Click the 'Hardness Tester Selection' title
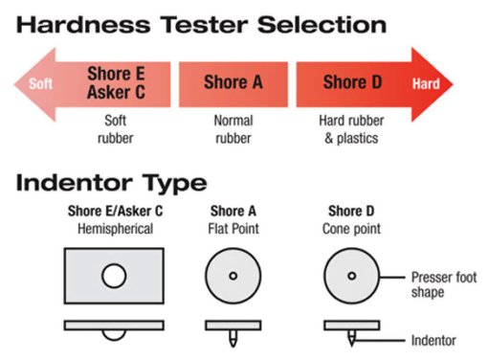tap(201, 25)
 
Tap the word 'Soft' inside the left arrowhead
tap(40, 83)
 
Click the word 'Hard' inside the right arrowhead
tap(426, 83)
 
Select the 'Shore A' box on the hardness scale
tap(233, 84)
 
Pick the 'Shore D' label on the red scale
tap(352, 82)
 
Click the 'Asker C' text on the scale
tap(116, 92)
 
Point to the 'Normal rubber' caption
tap(233, 129)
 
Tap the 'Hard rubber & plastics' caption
tap(351, 129)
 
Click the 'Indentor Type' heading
tap(112, 183)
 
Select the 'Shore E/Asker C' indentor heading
tap(115, 211)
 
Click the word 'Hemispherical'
tap(115, 229)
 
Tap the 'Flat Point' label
tap(233, 229)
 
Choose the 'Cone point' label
tap(351, 229)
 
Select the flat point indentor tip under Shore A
tap(233, 339)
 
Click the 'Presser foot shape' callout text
tap(444, 284)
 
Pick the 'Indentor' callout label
tap(433, 341)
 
